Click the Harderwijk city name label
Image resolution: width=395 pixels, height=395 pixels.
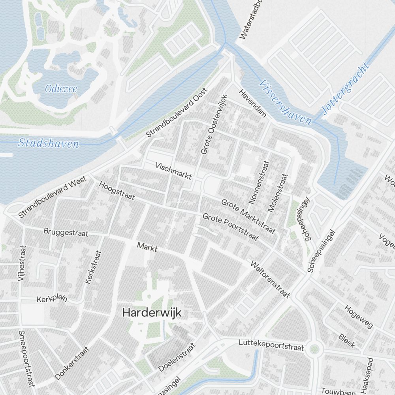(x=152, y=312)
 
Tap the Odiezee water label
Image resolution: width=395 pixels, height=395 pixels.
(x=61, y=89)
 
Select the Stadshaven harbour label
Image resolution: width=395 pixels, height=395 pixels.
(x=49, y=143)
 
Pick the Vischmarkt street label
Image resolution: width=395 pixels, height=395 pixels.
(x=174, y=171)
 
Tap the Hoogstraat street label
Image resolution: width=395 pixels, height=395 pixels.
(x=117, y=191)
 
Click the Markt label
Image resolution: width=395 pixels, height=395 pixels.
(x=147, y=248)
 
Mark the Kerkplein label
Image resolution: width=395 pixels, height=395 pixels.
(x=52, y=298)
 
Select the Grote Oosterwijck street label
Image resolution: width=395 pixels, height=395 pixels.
(x=214, y=124)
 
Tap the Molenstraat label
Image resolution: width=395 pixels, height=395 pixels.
(x=278, y=193)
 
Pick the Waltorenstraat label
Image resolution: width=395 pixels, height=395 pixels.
(x=271, y=279)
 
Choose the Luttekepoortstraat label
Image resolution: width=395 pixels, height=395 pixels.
(x=271, y=345)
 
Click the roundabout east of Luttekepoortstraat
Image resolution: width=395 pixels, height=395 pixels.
(x=314, y=349)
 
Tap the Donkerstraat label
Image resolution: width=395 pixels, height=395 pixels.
(x=72, y=363)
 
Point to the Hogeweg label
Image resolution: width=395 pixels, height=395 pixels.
(x=358, y=317)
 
